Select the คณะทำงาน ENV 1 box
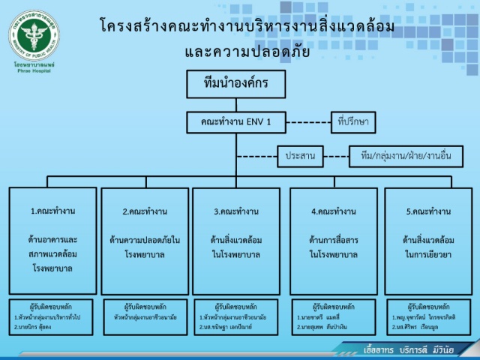(236, 121)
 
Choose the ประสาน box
(299, 157)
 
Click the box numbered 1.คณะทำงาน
(53, 240)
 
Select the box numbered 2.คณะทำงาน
(144, 240)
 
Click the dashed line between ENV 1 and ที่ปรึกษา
(307, 121)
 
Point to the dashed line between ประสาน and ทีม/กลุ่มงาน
(336, 157)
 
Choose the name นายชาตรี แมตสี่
(318, 317)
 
